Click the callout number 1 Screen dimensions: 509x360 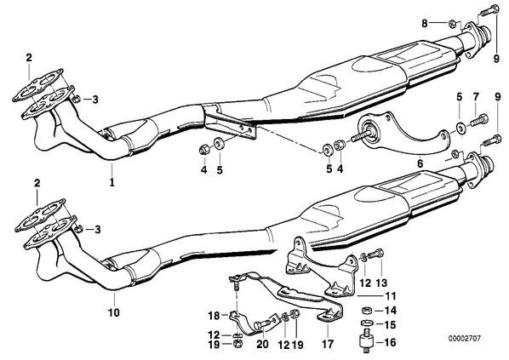click(x=112, y=182)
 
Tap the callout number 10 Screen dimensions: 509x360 click(x=114, y=312)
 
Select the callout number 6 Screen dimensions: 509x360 click(x=420, y=163)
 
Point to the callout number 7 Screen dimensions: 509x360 click(x=476, y=96)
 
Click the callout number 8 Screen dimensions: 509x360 click(x=425, y=23)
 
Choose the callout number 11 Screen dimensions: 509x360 click(x=390, y=295)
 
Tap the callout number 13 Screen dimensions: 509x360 click(x=381, y=283)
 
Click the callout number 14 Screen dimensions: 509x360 click(x=390, y=311)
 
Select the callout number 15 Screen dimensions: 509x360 click(x=390, y=324)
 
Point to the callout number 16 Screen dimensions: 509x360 click(x=390, y=342)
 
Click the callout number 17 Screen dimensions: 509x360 click(x=328, y=344)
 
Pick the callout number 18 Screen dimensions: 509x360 click(x=214, y=315)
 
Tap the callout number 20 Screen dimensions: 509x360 click(x=262, y=344)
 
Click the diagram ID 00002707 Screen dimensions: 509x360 click(x=465, y=339)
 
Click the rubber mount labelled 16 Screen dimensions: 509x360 click(x=366, y=340)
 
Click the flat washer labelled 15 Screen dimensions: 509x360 click(x=366, y=323)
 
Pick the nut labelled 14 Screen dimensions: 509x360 click(x=366, y=310)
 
